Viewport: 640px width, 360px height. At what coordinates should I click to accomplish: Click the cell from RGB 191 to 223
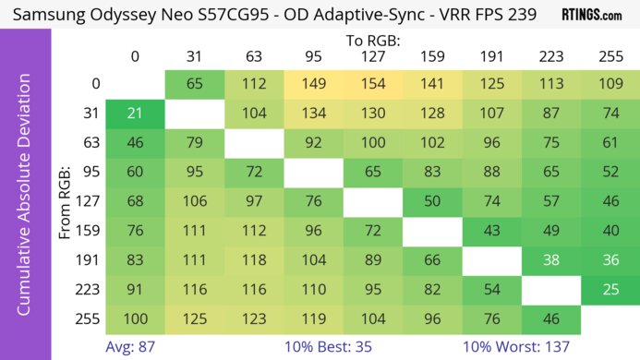click(550, 261)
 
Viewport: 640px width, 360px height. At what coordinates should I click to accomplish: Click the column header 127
click(372, 57)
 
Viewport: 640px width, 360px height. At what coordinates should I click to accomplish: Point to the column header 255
click(610, 57)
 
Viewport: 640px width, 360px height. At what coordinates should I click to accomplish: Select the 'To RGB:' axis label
click(372, 41)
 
